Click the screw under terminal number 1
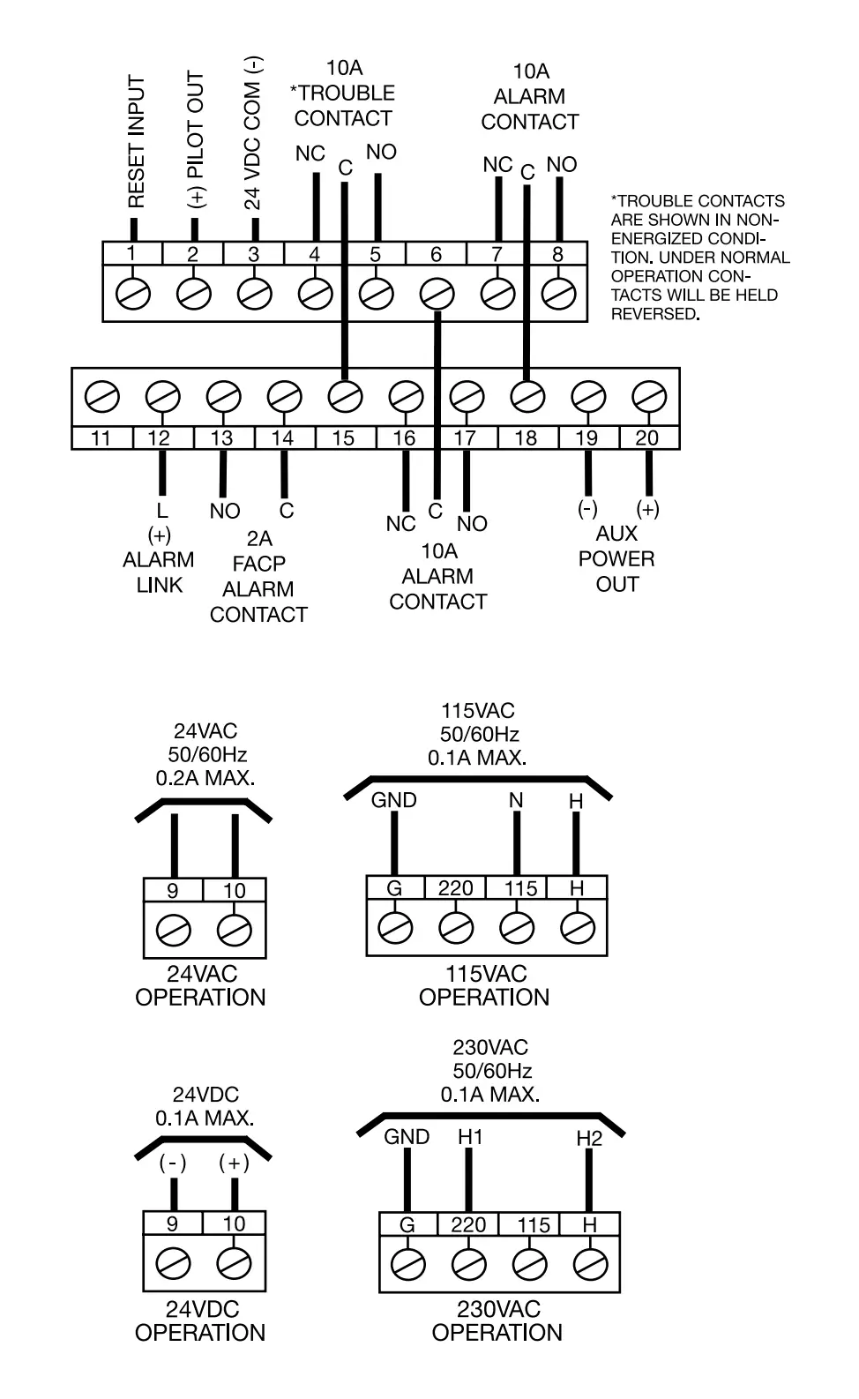point(132,293)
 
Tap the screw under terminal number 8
point(557,293)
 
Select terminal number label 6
point(436,254)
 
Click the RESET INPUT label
point(136,142)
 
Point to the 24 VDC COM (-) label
point(253,133)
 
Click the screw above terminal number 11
point(101,397)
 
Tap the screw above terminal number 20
point(648,397)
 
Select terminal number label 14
point(282,438)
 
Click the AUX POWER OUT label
point(616,558)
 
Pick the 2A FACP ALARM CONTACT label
point(258,576)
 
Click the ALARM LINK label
point(159,572)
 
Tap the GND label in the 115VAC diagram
point(393,800)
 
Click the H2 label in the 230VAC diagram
point(589,1138)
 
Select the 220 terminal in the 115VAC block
point(455,888)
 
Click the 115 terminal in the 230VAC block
point(533,1225)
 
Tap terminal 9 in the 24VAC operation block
point(173,891)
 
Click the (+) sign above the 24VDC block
point(234,1163)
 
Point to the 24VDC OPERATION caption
point(200,1320)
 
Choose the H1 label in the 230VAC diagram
point(470,1136)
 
